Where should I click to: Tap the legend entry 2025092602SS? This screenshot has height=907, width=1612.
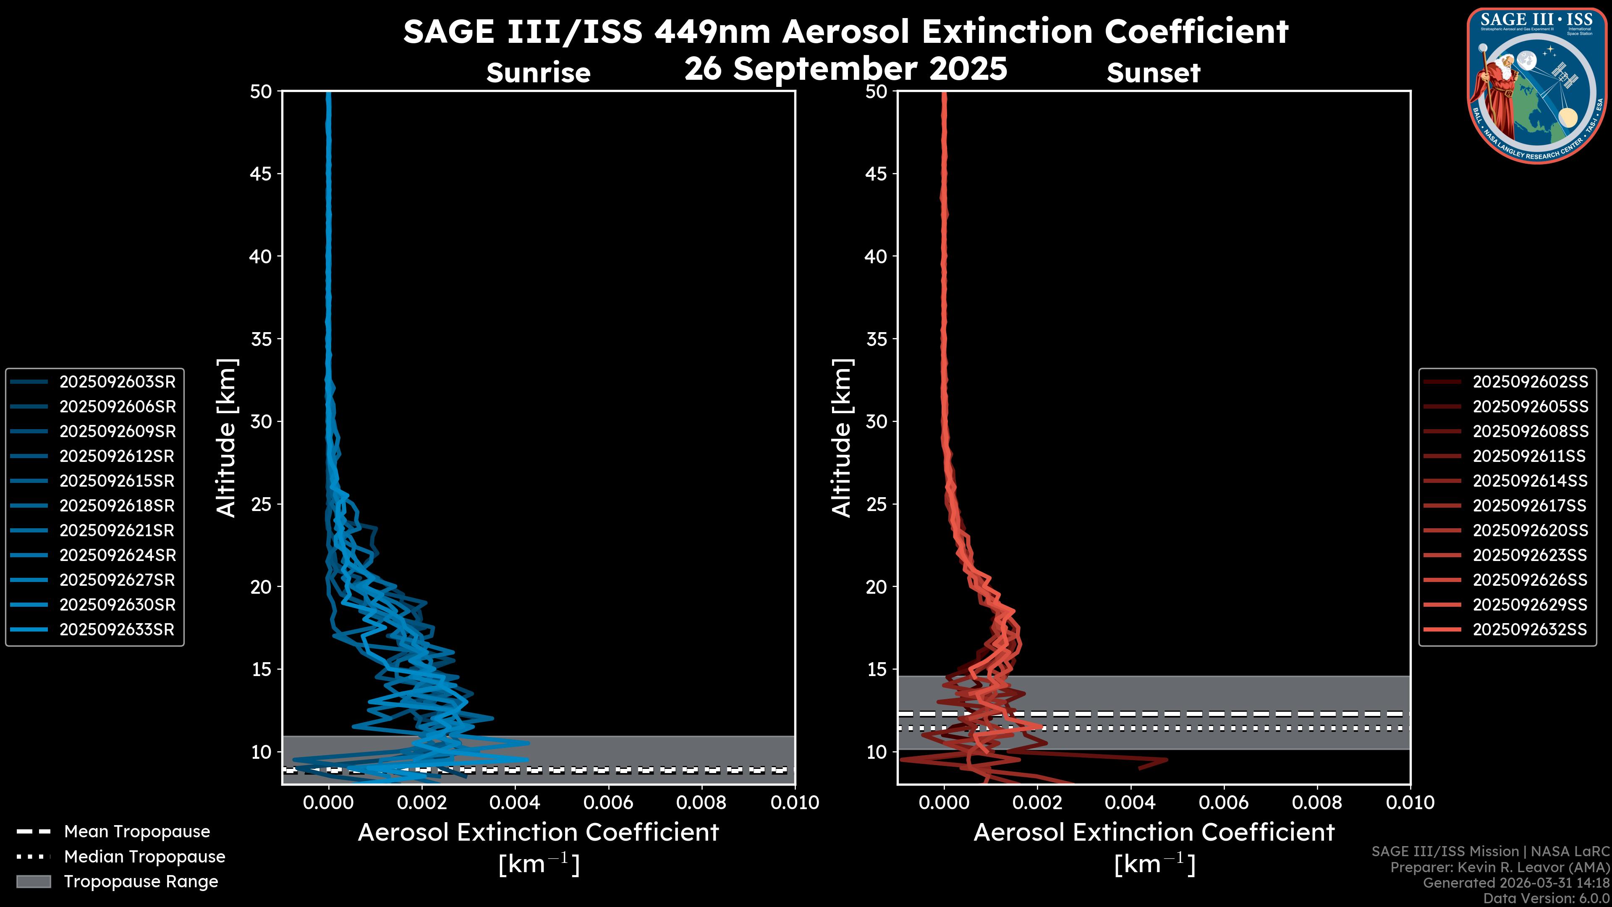(x=1529, y=382)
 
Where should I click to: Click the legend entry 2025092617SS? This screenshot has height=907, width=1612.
(x=1529, y=506)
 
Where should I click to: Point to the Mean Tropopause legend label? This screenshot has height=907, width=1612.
(x=137, y=832)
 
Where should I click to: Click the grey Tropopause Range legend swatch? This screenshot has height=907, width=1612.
(x=33, y=882)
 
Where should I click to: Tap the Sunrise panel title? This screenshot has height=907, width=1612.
(x=538, y=73)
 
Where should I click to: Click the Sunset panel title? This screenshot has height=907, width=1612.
(x=1153, y=73)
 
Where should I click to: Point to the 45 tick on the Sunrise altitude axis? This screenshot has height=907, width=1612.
(x=261, y=174)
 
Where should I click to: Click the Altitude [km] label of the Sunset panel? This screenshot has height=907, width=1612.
(x=842, y=438)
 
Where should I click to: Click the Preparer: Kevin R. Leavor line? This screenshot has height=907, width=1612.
(x=1499, y=868)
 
